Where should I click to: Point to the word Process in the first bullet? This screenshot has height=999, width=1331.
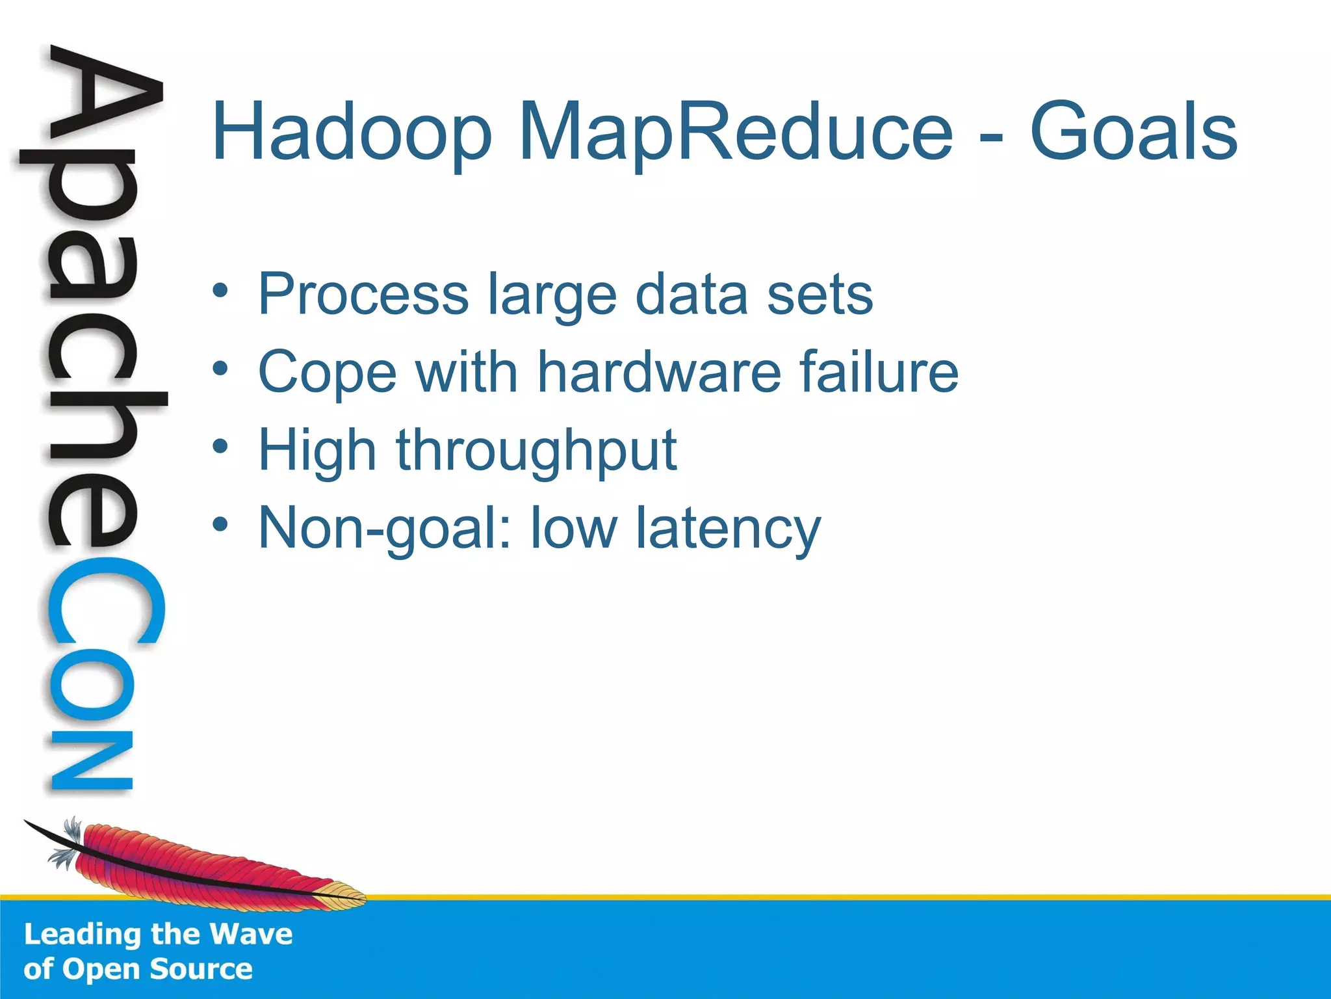coord(363,295)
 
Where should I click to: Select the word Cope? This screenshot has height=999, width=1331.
coord(327,373)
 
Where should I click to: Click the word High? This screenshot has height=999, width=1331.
coord(317,451)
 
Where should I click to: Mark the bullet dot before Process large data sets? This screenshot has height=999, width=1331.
coord(220,291)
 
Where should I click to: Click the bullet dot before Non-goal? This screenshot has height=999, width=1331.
coord(220,524)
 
